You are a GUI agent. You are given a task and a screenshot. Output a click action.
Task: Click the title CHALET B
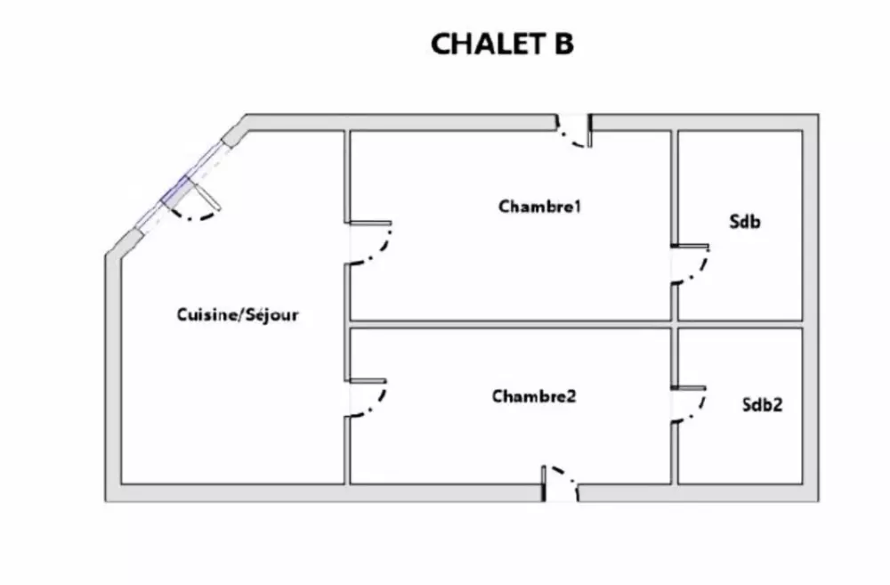(502, 45)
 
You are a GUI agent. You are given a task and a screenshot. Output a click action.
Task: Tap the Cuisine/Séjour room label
(238, 314)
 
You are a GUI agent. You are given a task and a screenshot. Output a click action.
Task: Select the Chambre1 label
(540, 207)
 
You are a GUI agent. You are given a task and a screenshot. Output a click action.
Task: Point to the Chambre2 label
(534, 396)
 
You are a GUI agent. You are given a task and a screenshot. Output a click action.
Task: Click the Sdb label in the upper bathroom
(744, 223)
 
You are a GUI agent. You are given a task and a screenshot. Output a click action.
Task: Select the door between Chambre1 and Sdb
(691, 264)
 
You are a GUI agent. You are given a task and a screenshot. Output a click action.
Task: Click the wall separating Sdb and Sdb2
(740, 324)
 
